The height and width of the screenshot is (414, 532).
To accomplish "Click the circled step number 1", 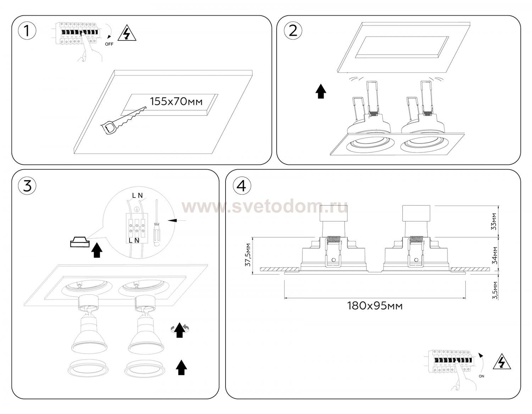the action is [x=27, y=31].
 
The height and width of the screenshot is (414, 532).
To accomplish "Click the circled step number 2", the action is [x=293, y=31].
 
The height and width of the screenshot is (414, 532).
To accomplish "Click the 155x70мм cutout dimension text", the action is [x=176, y=101].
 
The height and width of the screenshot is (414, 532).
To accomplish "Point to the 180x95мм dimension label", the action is [x=375, y=306].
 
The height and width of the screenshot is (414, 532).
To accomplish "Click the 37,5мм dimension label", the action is [x=248, y=255].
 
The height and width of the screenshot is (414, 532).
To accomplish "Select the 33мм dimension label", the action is [x=494, y=222].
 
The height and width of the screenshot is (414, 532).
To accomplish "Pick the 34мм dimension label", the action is [x=494, y=255].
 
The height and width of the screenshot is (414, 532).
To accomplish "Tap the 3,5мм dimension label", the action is [x=495, y=290].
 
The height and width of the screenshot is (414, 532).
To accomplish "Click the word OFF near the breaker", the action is [x=109, y=44].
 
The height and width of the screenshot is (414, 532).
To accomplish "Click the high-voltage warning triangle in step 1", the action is [x=127, y=33].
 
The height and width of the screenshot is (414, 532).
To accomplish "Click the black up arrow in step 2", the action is [x=321, y=91].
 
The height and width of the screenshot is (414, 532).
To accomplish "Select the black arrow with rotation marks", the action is [x=180, y=330].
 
